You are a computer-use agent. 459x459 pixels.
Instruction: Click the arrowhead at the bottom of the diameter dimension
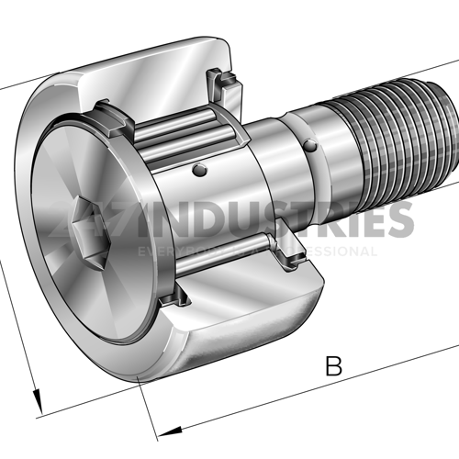click(39, 399)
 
